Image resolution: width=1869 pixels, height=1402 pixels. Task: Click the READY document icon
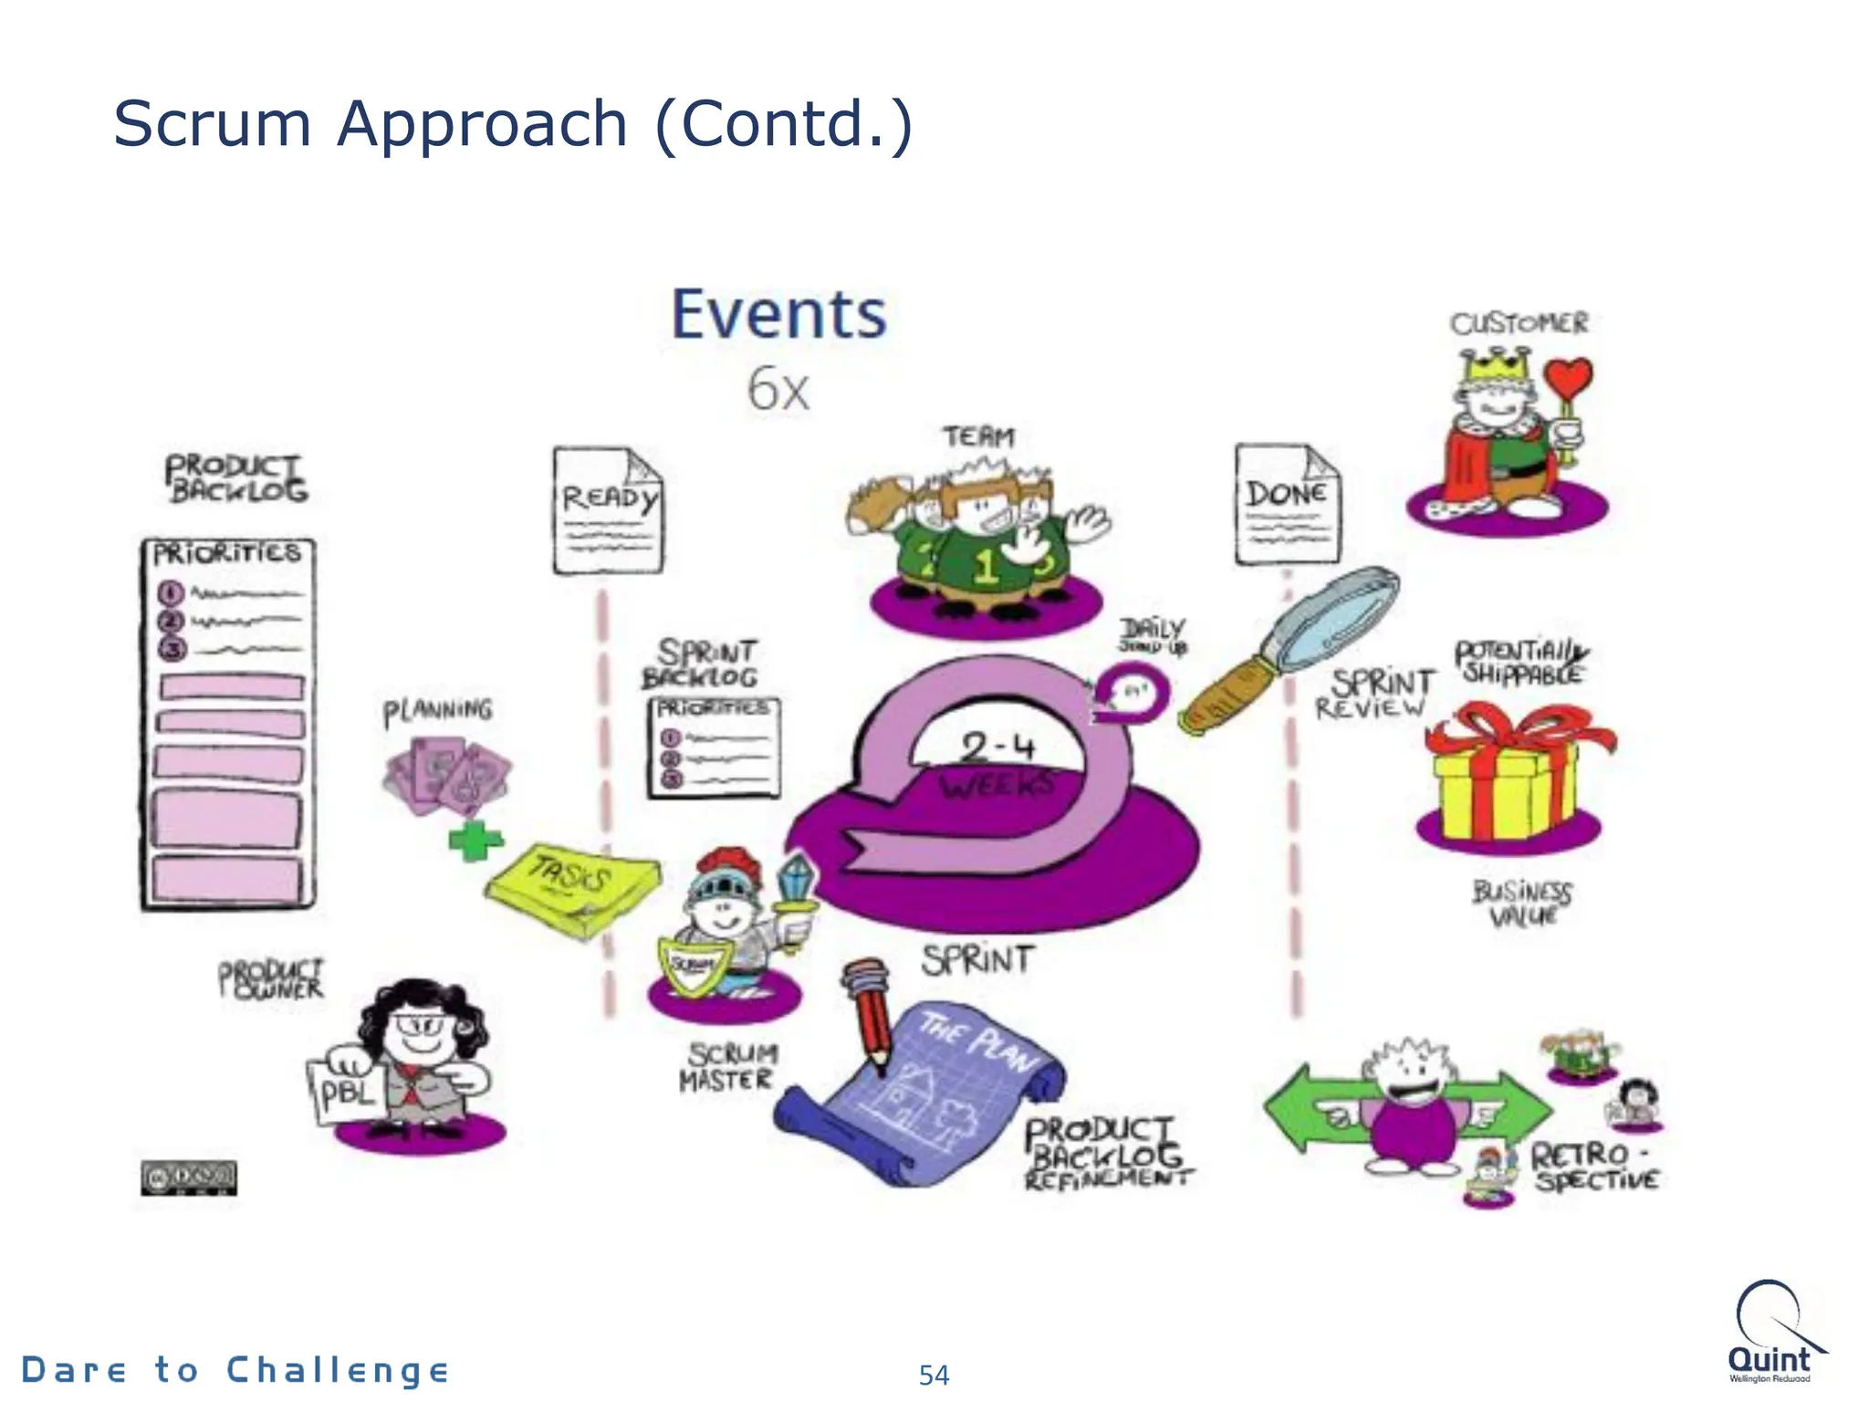[609, 511]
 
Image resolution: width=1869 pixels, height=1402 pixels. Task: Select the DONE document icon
[1288, 505]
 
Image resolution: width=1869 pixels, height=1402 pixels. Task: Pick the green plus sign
[475, 840]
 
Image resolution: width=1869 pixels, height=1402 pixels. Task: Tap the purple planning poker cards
[447, 777]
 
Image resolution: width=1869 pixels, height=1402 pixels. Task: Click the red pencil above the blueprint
[868, 1014]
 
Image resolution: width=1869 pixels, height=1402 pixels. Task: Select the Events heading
[778, 315]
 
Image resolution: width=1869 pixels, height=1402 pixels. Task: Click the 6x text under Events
[778, 390]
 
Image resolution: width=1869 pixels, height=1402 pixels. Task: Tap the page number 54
[934, 1375]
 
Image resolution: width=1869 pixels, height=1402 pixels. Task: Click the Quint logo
[1770, 1333]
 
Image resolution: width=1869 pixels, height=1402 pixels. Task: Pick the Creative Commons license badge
[189, 1178]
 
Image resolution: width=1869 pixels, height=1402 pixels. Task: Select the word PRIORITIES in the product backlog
[226, 554]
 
